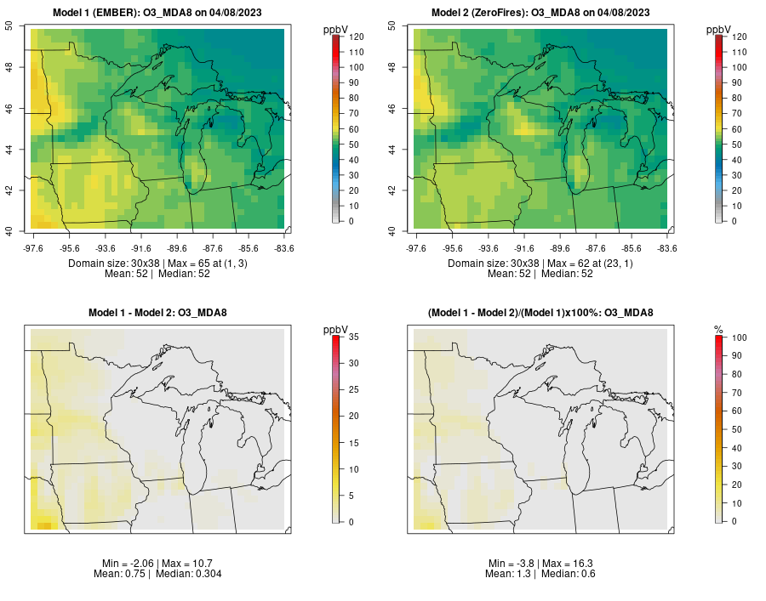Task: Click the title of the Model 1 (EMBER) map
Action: [x=157, y=13]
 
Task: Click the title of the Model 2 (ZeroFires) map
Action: [x=540, y=13]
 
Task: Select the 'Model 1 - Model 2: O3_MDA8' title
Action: [x=157, y=313]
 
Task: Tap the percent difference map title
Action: [x=540, y=313]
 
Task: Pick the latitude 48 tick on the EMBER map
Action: [x=9, y=67]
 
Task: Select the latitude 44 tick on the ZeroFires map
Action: [x=392, y=149]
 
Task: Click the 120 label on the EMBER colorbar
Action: [x=356, y=37]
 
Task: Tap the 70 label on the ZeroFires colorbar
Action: [x=737, y=113]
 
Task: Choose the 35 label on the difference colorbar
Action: [x=354, y=337]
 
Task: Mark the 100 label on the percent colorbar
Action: [x=739, y=337]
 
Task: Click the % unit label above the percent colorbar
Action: [x=718, y=331]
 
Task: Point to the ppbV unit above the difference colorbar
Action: [x=335, y=331]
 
